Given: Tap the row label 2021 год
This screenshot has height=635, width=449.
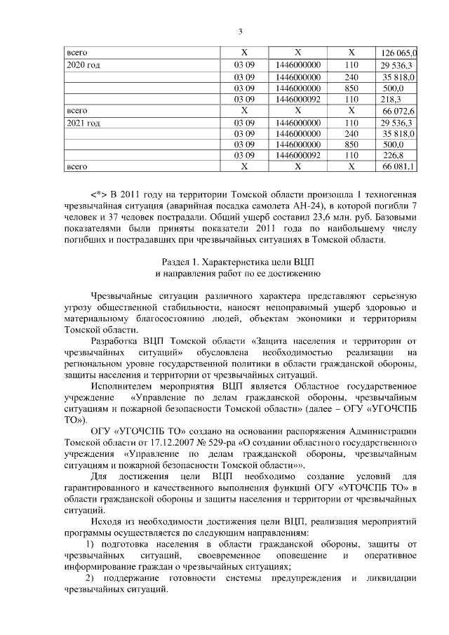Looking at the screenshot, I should tap(83, 123).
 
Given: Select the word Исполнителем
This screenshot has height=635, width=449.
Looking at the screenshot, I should tap(125, 386).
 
